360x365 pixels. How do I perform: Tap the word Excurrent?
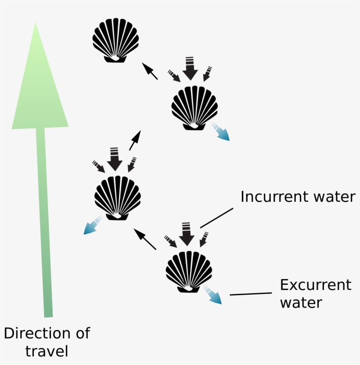(316, 285)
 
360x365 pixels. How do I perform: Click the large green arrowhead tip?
(36, 26)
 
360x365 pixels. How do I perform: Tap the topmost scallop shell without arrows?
(115, 40)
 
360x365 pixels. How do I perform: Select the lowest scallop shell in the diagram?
(189, 271)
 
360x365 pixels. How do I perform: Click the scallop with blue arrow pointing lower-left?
(118, 197)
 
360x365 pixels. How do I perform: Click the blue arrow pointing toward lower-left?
(92, 225)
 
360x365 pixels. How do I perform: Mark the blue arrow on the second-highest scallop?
(220, 132)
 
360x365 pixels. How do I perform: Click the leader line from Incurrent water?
(216, 218)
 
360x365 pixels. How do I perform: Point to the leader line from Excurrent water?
(251, 294)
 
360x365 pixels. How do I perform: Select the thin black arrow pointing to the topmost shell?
(150, 71)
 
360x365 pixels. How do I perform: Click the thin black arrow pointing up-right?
(135, 140)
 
